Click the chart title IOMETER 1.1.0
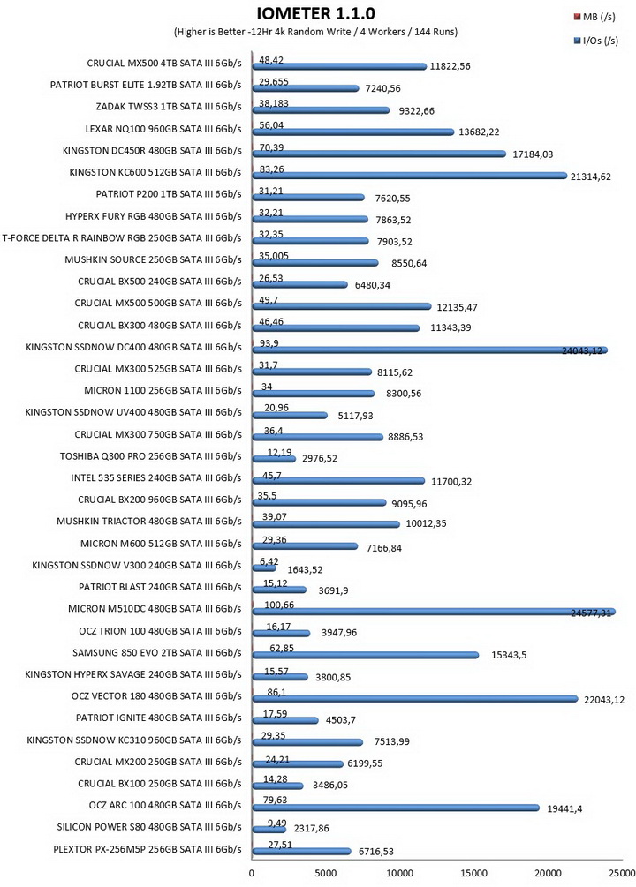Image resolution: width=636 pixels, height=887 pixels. (x=315, y=13)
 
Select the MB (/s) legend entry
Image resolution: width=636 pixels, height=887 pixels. (x=594, y=17)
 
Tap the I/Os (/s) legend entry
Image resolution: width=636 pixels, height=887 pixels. (x=595, y=41)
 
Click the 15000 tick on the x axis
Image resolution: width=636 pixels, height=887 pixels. (x=473, y=873)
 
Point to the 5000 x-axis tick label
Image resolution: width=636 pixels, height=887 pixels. (x=325, y=873)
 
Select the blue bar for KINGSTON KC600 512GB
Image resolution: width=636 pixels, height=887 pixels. (x=410, y=176)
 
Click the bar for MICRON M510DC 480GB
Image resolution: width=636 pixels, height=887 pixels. (x=434, y=613)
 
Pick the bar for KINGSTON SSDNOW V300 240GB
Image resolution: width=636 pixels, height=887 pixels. (x=264, y=568)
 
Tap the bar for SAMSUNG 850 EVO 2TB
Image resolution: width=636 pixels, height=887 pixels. (x=366, y=655)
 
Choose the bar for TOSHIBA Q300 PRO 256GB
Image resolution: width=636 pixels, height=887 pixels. (x=274, y=459)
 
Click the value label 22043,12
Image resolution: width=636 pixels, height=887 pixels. (x=604, y=700)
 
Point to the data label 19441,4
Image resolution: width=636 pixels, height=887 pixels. (x=564, y=809)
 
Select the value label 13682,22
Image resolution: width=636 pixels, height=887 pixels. (x=479, y=132)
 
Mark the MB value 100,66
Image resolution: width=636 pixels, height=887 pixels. (x=279, y=605)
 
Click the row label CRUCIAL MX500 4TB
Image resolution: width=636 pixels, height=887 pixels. (x=164, y=64)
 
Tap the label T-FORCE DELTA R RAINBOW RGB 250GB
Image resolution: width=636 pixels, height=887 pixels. (x=122, y=237)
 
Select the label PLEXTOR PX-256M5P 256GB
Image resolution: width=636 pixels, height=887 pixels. (x=148, y=848)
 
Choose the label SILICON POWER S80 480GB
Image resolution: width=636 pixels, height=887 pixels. (x=149, y=827)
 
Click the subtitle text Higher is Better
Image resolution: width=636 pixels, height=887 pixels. (x=210, y=32)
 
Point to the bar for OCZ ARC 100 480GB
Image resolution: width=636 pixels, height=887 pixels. (x=396, y=808)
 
